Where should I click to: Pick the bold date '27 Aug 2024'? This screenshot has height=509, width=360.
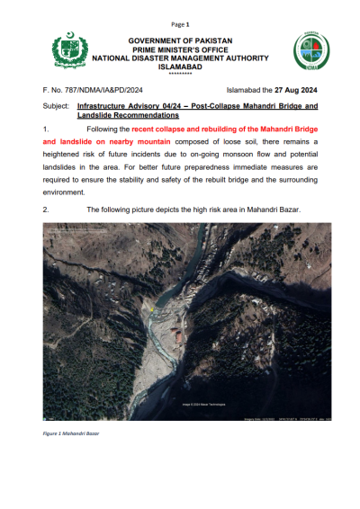296,91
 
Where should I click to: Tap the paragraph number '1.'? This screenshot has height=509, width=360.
46,131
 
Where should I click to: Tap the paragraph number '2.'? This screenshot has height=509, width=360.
46,209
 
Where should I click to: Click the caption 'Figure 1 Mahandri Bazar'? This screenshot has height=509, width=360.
71,433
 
